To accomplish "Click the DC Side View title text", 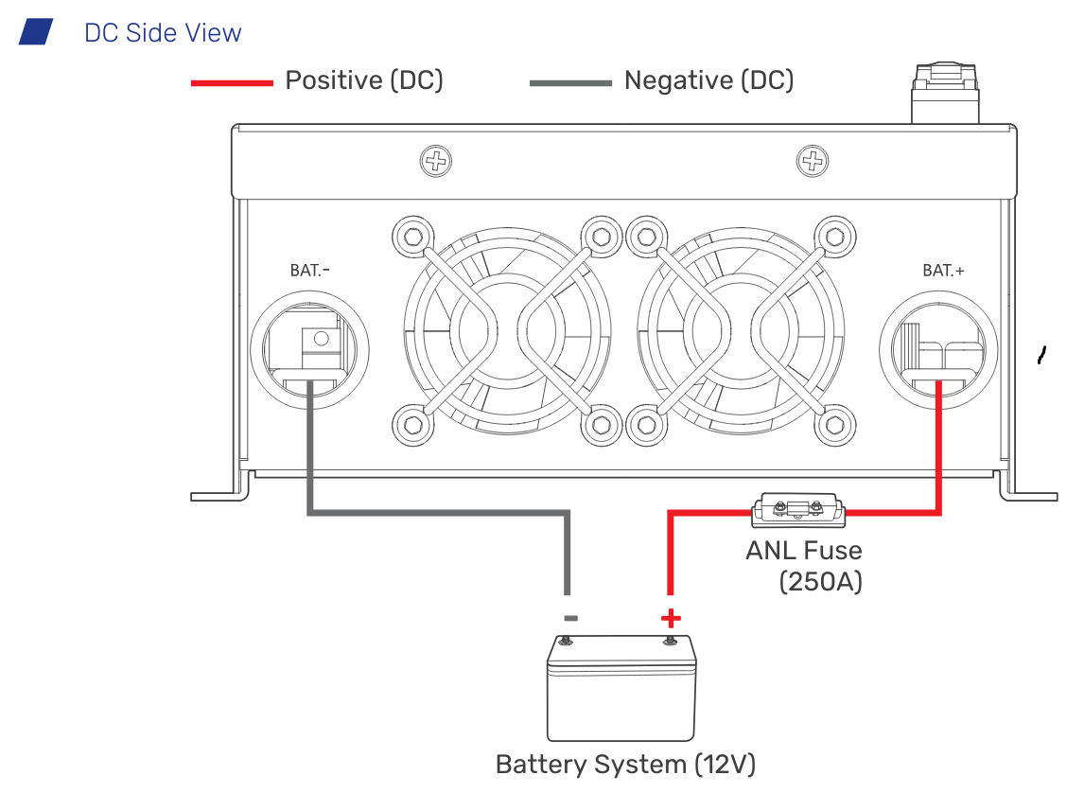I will click(163, 33).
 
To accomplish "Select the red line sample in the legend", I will click(231, 83).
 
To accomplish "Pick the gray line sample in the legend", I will click(569, 83).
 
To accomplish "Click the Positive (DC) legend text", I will click(364, 80).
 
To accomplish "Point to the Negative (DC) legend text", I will click(708, 80).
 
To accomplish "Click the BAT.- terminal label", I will click(309, 271).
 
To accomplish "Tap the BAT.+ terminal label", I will click(943, 271).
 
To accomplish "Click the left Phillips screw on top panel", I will click(435, 161).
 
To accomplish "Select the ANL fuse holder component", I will click(797, 511).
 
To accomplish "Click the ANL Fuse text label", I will click(803, 550).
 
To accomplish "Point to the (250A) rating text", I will click(820, 581).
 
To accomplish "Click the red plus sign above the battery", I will click(670, 619).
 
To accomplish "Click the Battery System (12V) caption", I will click(625, 765).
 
